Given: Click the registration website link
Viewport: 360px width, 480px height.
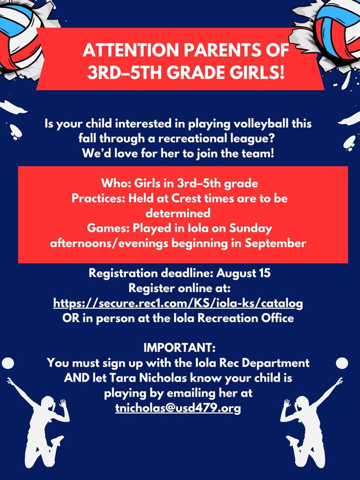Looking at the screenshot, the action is click(178, 304).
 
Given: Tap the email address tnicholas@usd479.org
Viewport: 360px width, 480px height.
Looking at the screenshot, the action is click(178, 409).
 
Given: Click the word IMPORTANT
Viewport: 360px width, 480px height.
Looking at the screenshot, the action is click(178, 348).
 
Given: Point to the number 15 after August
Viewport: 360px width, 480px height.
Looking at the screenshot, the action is click(264, 273).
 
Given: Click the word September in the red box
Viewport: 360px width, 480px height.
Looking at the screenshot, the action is click(275, 244).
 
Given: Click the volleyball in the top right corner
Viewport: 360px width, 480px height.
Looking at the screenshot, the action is click(337, 29).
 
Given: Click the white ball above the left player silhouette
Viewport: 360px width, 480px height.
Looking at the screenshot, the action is click(8, 363).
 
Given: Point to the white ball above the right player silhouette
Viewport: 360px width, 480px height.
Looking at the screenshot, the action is click(342, 363).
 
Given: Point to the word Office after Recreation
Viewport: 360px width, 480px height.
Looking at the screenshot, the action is click(277, 318).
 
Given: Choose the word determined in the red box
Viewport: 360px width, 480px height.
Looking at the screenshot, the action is click(178, 214).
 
